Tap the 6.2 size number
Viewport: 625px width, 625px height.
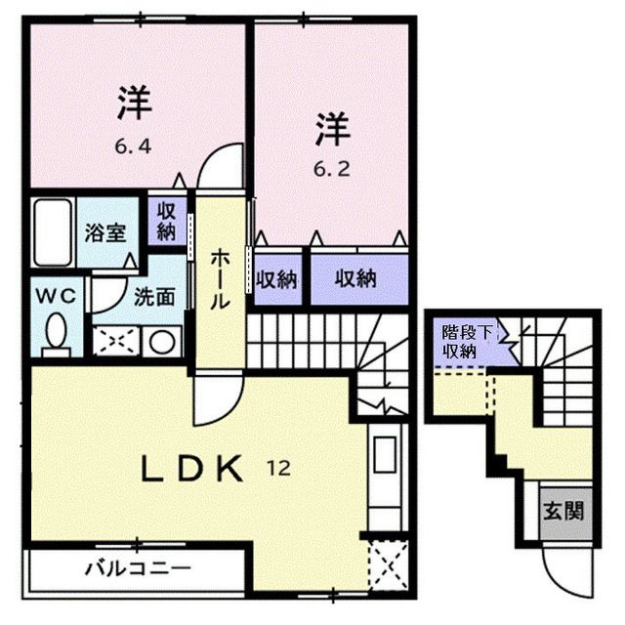[329, 166]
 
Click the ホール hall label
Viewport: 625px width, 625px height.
[222, 279]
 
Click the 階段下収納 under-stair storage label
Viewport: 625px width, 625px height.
[459, 343]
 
